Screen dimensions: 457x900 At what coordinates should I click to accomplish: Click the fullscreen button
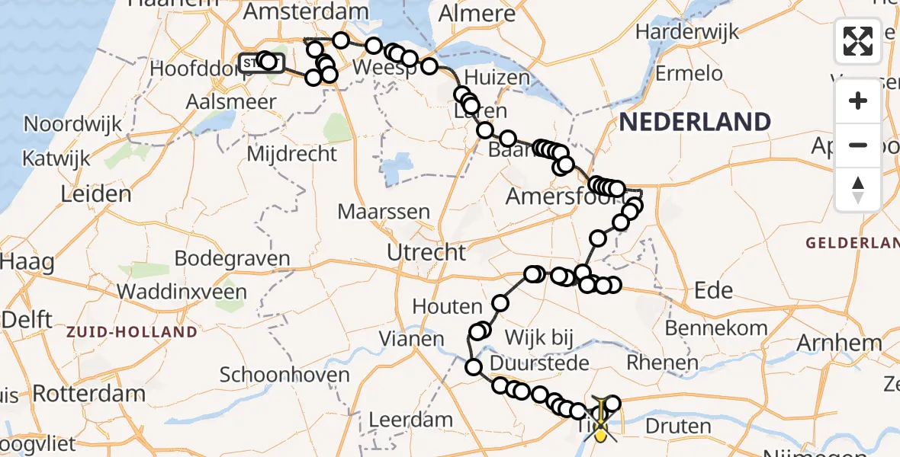[858, 41]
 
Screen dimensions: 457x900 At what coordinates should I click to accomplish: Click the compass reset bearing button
[858, 188]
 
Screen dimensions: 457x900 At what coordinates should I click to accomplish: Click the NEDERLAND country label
[695, 122]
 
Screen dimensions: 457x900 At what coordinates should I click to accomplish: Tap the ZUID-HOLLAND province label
[131, 332]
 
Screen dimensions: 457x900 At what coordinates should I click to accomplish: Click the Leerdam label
[410, 420]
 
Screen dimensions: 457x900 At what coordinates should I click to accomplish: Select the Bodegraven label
[233, 258]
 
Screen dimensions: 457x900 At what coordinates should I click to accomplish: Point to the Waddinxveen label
[182, 292]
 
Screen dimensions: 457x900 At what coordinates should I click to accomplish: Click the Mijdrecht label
[292, 154]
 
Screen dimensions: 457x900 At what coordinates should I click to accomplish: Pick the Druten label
[678, 426]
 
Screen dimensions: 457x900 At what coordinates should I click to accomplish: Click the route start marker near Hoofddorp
[252, 62]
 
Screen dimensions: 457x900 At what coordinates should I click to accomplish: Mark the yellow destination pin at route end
[601, 433]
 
